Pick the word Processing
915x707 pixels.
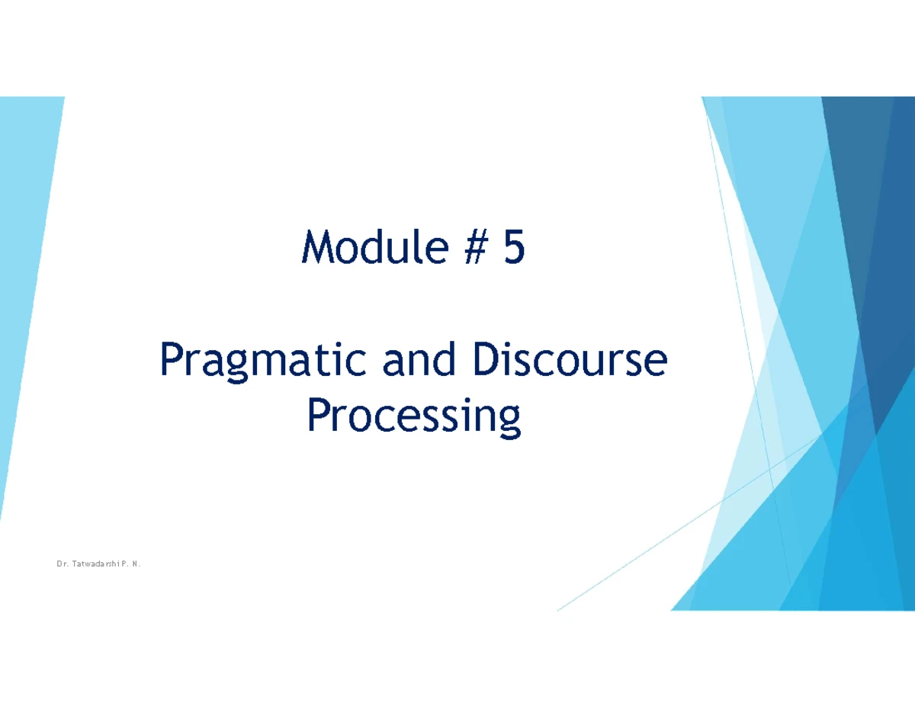point(413,418)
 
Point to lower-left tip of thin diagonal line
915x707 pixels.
point(558,610)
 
